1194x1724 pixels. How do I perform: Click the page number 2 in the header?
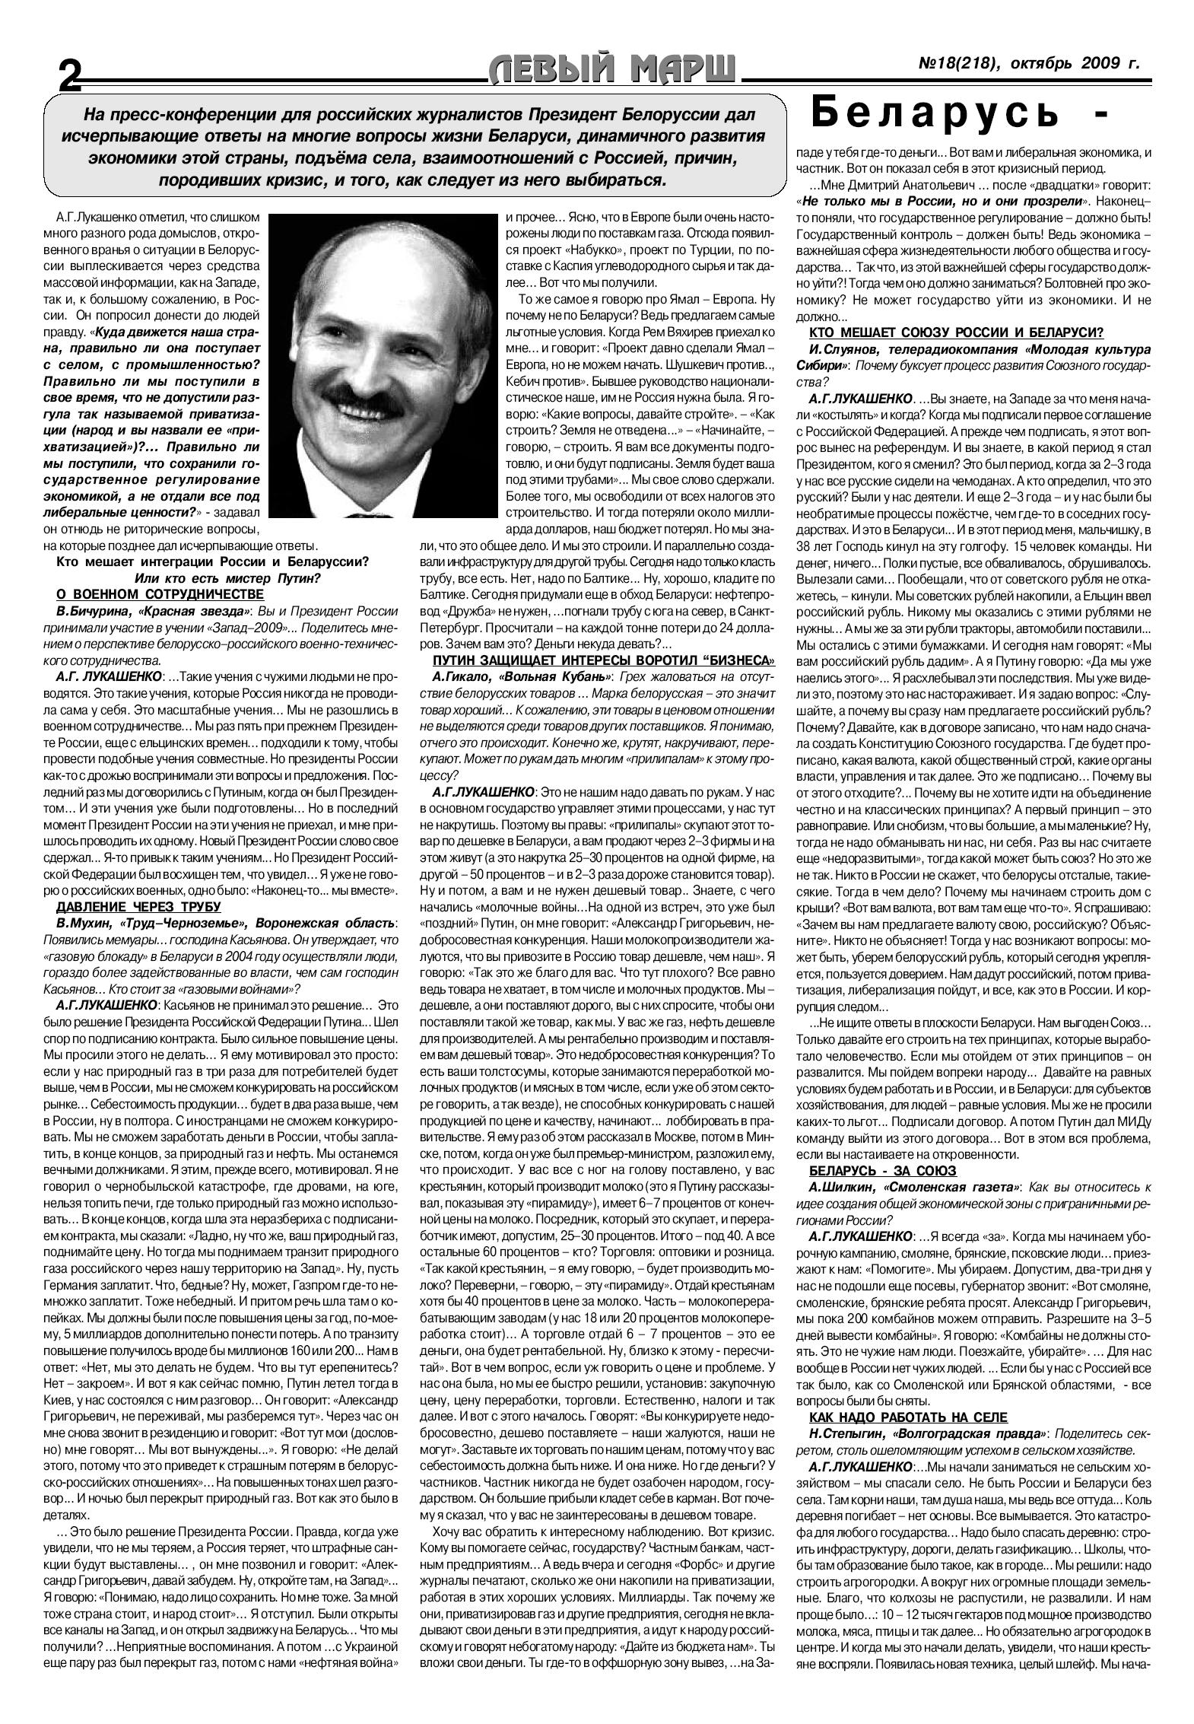click(x=70, y=75)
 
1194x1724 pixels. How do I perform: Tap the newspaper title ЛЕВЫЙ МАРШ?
click(x=613, y=70)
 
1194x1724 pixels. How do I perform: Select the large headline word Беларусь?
click(x=935, y=114)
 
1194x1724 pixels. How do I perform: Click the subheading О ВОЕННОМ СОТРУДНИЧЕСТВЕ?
click(x=160, y=594)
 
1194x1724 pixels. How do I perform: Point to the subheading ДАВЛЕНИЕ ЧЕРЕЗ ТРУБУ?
click(x=138, y=905)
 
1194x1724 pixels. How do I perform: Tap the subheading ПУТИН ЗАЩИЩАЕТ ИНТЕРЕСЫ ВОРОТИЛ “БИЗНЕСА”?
click(x=604, y=660)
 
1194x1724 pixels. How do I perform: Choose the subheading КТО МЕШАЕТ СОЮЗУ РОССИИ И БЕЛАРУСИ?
click(x=956, y=332)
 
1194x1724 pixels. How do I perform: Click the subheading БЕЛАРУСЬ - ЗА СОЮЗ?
click(x=882, y=1170)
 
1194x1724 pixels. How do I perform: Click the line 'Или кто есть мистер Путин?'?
click(x=227, y=578)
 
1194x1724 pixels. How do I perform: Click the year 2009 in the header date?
click(x=1097, y=64)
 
